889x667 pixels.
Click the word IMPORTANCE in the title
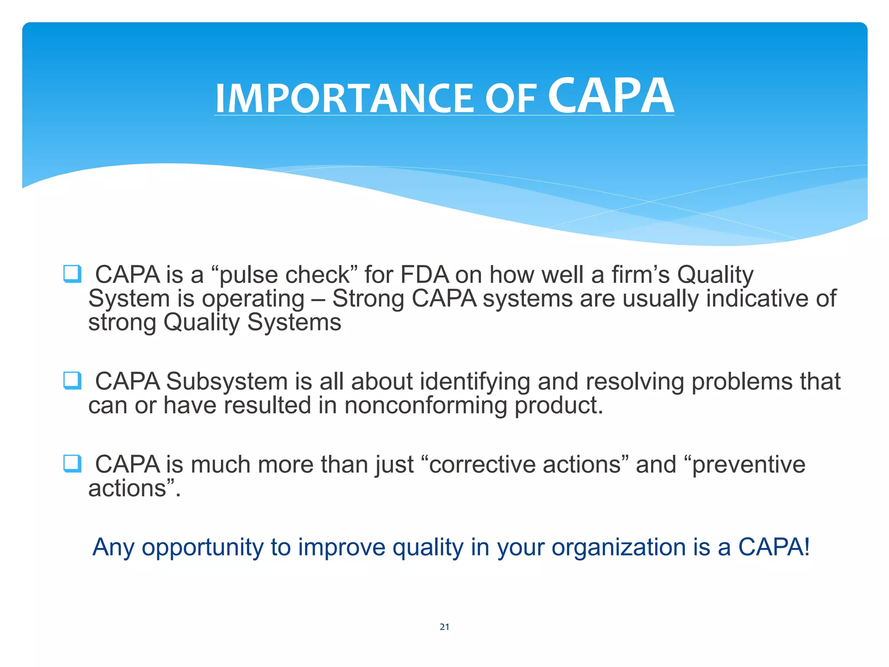[345, 99]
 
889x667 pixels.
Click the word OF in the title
[510, 99]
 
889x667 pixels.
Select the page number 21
[444, 627]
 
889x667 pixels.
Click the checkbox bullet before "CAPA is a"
[72, 274]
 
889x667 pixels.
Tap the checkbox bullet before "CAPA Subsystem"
[72, 380]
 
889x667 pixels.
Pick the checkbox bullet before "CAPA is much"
[72, 463]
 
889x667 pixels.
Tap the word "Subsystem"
[227, 381]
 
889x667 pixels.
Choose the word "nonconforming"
[425, 406]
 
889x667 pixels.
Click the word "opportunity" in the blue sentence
[202, 548]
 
